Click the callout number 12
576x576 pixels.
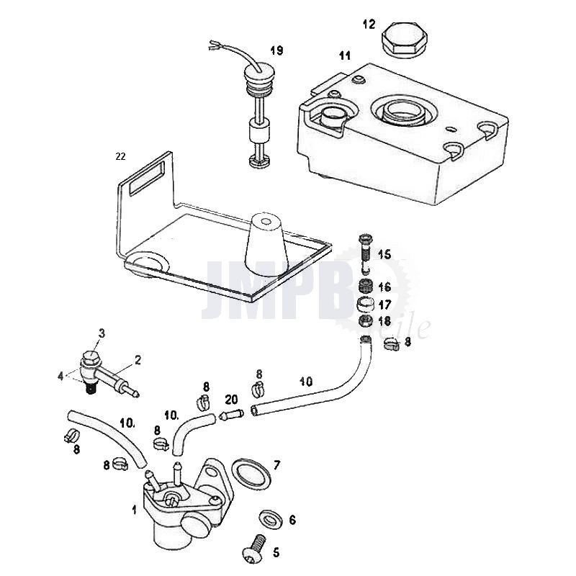[369, 24]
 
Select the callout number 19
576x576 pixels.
[276, 50]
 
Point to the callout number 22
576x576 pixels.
[120, 156]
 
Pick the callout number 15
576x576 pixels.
[384, 254]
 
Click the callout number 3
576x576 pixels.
[102, 333]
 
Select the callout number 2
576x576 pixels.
[138, 359]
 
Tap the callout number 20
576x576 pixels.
[230, 399]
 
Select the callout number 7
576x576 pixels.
[277, 465]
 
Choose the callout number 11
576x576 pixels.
[345, 55]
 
